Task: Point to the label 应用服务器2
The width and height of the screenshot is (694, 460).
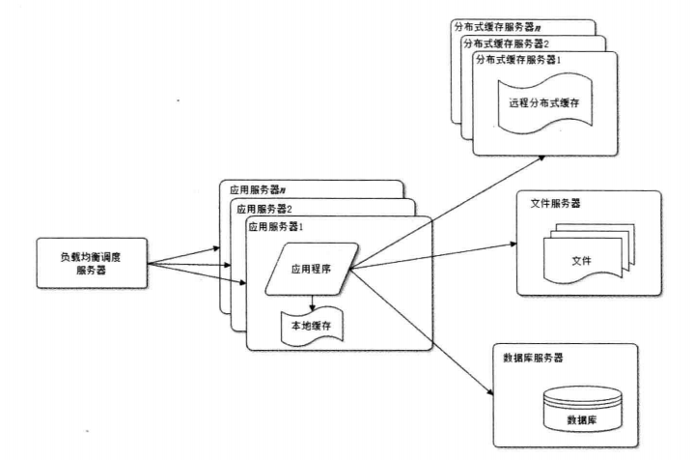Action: point(261,208)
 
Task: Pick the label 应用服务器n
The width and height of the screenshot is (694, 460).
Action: point(249,189)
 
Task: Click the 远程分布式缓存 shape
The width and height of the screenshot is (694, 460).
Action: point(543,103)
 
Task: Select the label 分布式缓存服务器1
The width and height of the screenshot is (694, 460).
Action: point(518,61)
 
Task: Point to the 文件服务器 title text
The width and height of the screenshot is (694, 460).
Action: point(556,204)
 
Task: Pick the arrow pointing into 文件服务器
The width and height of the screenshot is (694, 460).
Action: point(434,256)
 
